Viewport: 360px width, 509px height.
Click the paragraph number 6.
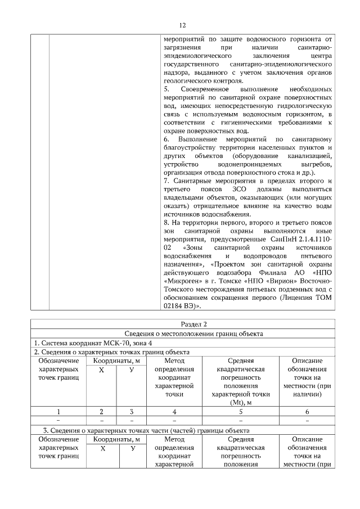[x=166, y=138]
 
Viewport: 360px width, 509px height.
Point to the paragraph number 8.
[x=166, y=223]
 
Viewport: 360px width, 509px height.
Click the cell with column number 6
[x=307, y=411]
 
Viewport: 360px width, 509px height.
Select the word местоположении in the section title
[x=183, y=334]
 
